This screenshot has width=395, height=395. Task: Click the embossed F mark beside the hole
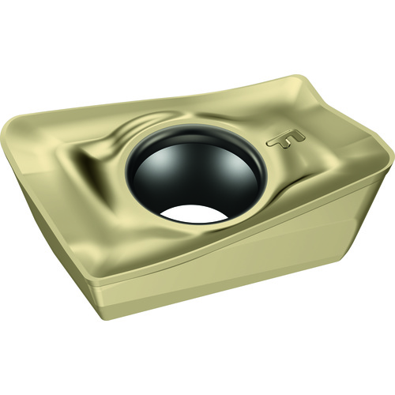coord(286,139)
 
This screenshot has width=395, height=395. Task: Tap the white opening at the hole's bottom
coord(194,213)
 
